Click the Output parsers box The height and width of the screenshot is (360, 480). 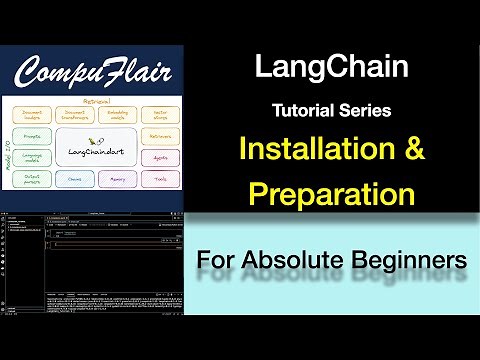pyautogui.click(x=33, y=181)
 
